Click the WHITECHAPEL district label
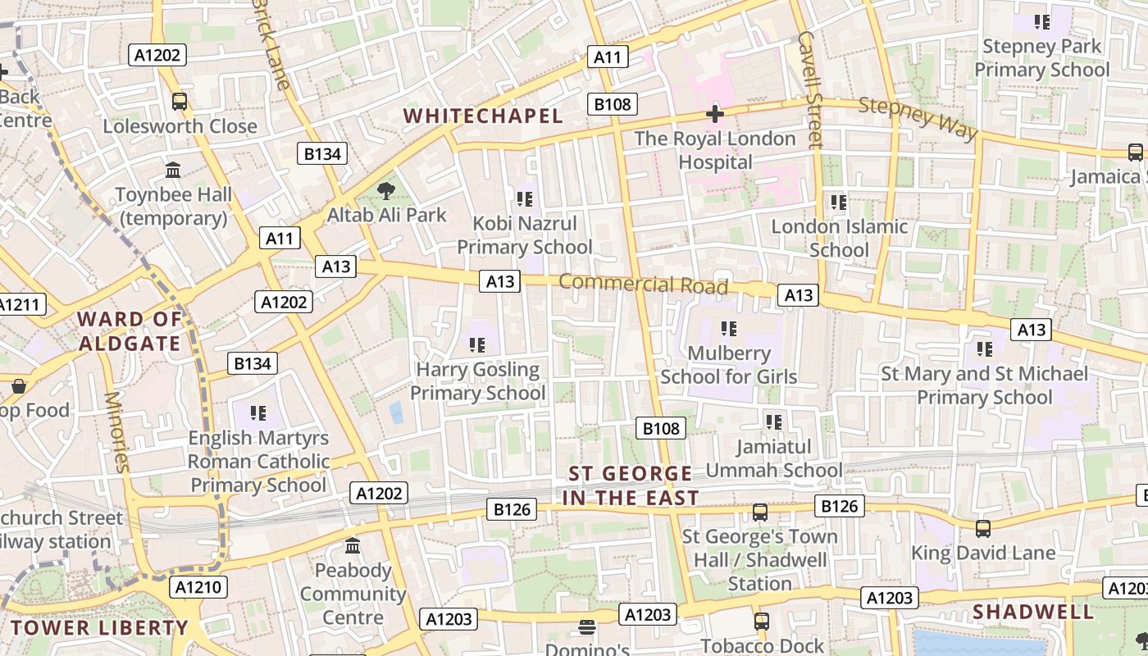[x=483, y=116]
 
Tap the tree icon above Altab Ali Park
[x=385, y=192]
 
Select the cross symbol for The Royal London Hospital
[x=715, y=114]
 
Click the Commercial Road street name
[x=643, y=285]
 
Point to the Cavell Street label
[x=809, y=89]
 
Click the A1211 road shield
[x=18, y=305]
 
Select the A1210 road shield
[x=198, y=587]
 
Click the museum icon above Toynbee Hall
[x=173, y=171]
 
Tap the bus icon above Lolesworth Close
[x=179, y=102]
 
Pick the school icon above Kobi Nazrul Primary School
[x=525, y=198]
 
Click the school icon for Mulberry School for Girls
[x=728, y=329]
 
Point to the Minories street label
[x=116, y=432]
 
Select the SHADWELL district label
[x=1033, y=612]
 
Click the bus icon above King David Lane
[x=982, y=529]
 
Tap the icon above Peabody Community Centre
[x=353, y=545]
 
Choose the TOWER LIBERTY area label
[x=99, y=628]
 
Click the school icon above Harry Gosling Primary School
[x=477, y=345]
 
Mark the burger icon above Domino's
[x=586, y=627]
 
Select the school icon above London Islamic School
[x=838, y=202]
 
